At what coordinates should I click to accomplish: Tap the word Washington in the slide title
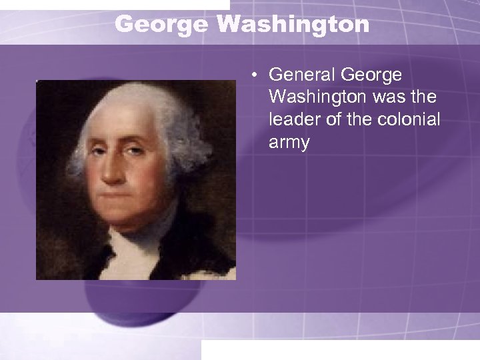(x=293, y=25)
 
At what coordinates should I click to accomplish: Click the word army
(x=289, y=143)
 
